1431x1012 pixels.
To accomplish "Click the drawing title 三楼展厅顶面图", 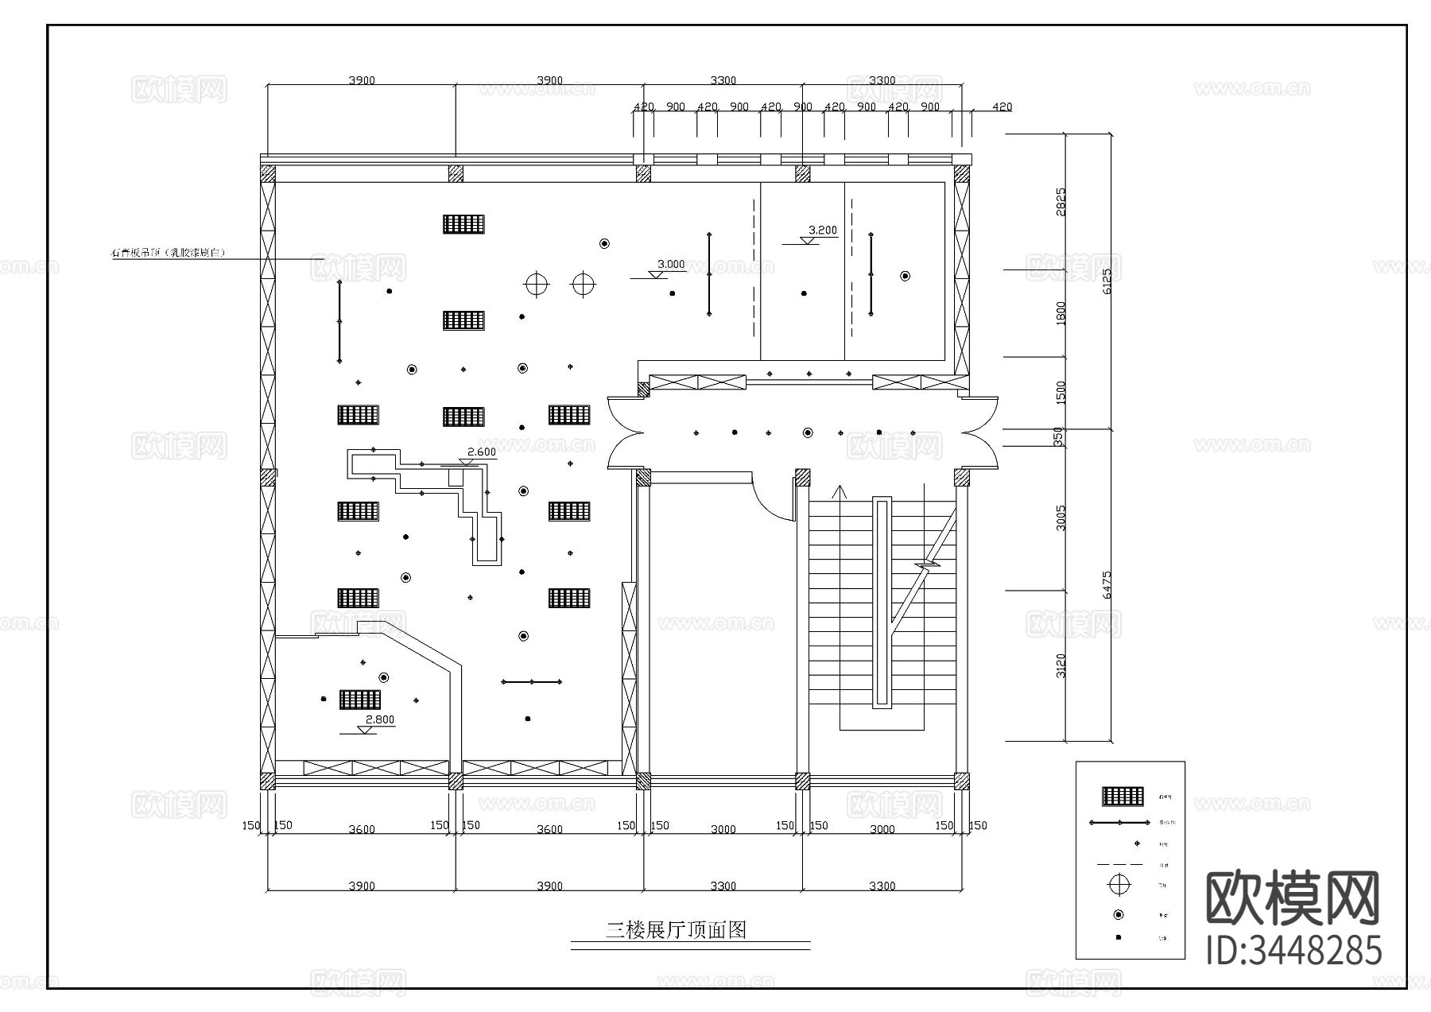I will coord(677,930).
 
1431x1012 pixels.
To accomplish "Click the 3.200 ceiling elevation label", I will coord(822,231).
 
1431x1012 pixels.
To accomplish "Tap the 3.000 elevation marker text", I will coord(670,265).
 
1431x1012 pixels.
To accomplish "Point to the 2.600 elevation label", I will coord(481,452).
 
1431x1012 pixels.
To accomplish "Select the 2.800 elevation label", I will coord(379,720).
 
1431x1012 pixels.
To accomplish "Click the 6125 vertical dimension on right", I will coord(1107,281).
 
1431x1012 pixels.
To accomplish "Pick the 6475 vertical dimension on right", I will coord(1107,584).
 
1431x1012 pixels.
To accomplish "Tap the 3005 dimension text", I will coord(1061,518).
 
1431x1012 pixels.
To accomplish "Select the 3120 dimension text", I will coord(1061,665).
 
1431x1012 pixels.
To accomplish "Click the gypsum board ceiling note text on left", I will coord(169,253).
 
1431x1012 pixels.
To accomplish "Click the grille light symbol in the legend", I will coord(1122,796).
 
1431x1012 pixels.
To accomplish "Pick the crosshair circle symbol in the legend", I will coord(1120,884).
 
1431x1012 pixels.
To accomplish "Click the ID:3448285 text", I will coord(1293,951).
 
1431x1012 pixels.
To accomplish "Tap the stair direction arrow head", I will coord(838,490).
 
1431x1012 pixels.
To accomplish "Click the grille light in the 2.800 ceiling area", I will coord(359,700).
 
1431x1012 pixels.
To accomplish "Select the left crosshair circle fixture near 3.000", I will coord(537,283).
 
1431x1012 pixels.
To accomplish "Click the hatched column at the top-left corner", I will coord(268,173).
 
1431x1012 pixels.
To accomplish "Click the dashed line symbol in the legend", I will coord(1119,864).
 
